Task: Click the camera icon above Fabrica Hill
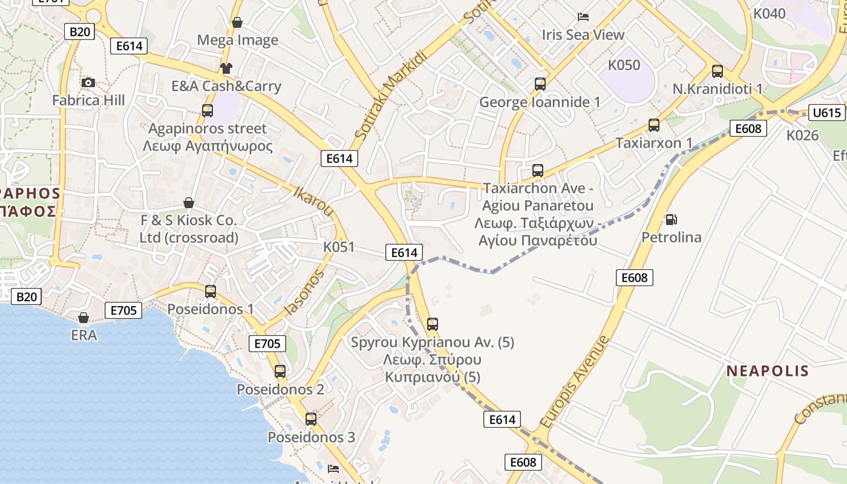pyautogui.click(x=88, y=82)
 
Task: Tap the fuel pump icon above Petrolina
pyautogui.click(x=671, y=219)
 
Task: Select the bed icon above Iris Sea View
pyautogui.click(x=583, y=17)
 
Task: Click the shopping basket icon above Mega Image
pyautogui.click(x=237, y=22)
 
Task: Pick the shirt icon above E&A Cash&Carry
pyautogui.click(x=226, y=68)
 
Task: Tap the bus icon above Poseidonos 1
pyautogui.click(x=211, y=291)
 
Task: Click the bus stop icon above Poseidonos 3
pyautogui.click(x=311, y=419)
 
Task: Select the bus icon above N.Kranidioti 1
pyautogui.click(x=718, y=71)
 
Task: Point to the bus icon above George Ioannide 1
pyautogui.click(x=540, y=84)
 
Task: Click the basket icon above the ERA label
pyautogui.click(x=83, y=317)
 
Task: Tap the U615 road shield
pyautogui.click(x=827, y=113)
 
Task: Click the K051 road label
pyautogui.click(x=339, y=247)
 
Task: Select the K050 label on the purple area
pyautogui.click(x=624, y=65)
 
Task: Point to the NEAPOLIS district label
pyautogui.click(x=767, y=371)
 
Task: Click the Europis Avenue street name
pyautogui.click(x=575, y=382)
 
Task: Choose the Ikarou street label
pyautogui.click(x=313, y=201)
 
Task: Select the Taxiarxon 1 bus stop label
pyautogui.click(x=653, y=143)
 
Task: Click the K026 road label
pyautogui.click(x=802, y=135)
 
